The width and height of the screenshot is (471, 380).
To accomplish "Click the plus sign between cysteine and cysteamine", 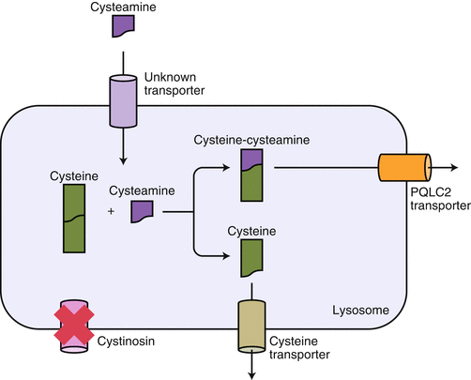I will coord(112,212).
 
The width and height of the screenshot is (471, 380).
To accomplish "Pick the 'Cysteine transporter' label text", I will coord(299,348).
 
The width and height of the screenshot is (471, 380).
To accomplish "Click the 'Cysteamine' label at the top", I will coord(125,7).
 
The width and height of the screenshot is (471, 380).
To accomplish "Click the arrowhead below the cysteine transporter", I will coord(252,375).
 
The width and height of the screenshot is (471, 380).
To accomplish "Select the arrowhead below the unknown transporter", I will coord(125,160).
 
